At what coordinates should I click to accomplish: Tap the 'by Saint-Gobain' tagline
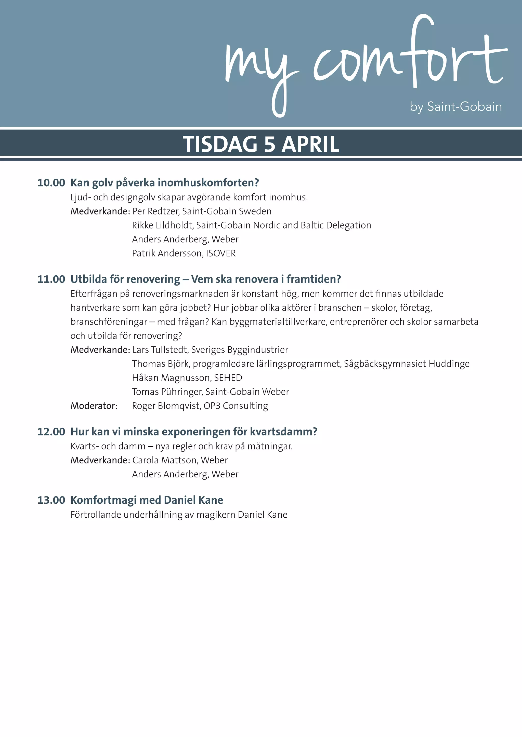455,107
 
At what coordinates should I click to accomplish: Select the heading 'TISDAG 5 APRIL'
261,144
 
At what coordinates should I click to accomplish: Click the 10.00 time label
51,183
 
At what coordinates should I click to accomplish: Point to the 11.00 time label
51,279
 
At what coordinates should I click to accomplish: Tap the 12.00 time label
51,432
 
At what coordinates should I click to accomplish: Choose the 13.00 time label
51,500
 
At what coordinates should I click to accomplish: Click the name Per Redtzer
156,211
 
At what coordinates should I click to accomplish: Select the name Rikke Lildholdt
163,225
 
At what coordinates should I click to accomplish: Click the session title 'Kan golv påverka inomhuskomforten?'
165,183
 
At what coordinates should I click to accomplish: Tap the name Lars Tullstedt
160,350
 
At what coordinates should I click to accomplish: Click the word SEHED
228,378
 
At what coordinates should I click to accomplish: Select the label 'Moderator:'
94,406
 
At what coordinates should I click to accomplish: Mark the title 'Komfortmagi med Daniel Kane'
147,500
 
